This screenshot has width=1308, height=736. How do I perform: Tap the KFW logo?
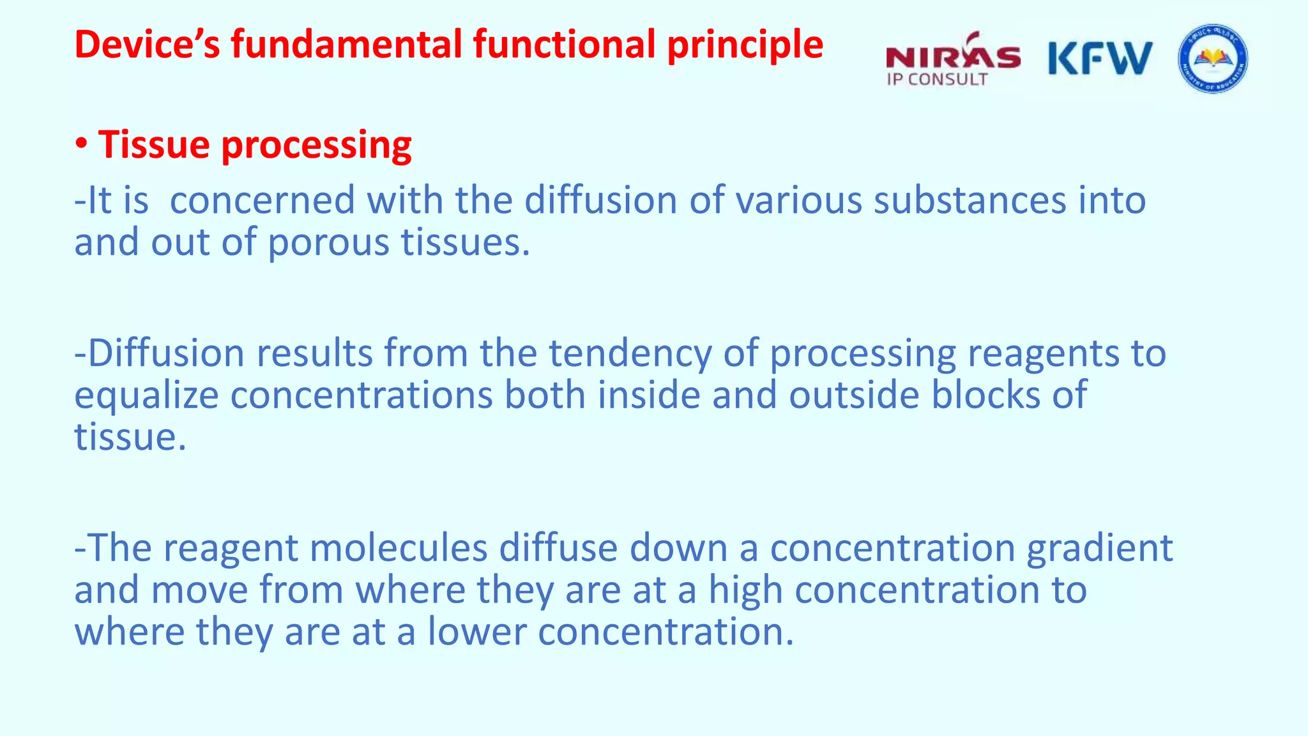click(1100, 59)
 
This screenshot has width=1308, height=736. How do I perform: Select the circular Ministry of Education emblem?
click(1212, 59)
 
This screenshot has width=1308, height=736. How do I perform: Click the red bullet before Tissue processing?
click(81, 144)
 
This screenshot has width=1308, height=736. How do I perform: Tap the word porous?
click(328, 243)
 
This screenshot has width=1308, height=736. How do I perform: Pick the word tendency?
click(630, 354)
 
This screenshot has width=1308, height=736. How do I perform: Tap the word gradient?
click(1099, 548)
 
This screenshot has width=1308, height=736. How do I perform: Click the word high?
click(745, 590)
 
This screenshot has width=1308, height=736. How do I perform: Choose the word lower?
click(476, 632)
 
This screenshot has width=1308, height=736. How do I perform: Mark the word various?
click(798, 201)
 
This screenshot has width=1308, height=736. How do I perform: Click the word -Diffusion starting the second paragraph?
click(160, 353)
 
